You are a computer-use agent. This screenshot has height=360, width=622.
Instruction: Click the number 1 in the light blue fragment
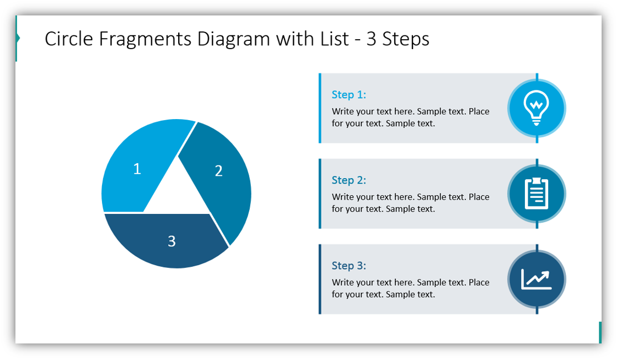(x=137, y=168)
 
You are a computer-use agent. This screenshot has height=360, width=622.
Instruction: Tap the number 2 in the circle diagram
(x=218, y=171)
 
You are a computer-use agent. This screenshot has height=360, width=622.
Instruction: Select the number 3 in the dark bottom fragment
(x=171, y=241)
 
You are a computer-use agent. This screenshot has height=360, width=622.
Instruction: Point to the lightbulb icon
(x=536, y=108)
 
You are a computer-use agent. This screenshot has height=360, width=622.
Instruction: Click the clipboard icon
(x=536, y=194)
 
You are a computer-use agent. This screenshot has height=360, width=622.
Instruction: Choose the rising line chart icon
(x=536, y=279)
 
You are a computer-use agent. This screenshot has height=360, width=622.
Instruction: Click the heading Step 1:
(x=348, y=95)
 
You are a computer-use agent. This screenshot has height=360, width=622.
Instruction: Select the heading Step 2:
(x=348, y=180)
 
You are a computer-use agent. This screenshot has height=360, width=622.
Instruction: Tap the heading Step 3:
(x=348, y=266)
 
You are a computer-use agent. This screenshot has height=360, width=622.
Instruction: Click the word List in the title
(x=332, y=39)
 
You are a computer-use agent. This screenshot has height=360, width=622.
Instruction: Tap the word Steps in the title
(x=406, y=39)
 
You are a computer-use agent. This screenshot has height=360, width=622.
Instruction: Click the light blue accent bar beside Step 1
(x=320, y=108)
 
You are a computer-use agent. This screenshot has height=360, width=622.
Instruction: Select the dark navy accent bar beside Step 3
(x=320, y=279)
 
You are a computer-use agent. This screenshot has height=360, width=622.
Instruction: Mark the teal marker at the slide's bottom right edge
(x=600, y=332)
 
